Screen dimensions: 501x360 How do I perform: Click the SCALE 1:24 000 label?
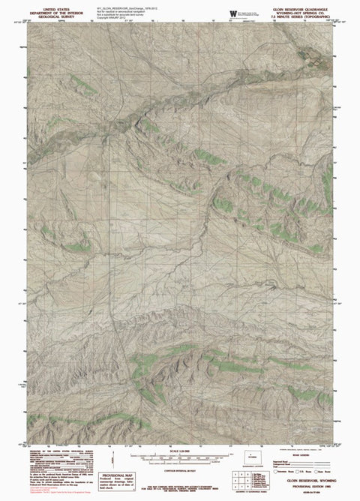179,458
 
